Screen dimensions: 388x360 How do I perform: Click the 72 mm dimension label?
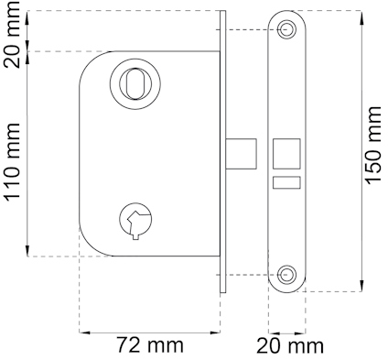coord(150,345)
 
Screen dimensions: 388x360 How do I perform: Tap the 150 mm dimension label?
coord(372,146)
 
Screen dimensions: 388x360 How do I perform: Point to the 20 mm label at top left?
coord(12,35)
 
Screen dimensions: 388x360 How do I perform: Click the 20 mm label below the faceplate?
coord(290,346)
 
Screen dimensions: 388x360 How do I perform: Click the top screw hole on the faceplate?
coord(286,29)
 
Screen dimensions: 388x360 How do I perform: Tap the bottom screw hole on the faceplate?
coord(286,274)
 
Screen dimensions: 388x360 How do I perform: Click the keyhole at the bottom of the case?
coord(135,220)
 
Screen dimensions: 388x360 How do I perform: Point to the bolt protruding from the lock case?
coord(241,154)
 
